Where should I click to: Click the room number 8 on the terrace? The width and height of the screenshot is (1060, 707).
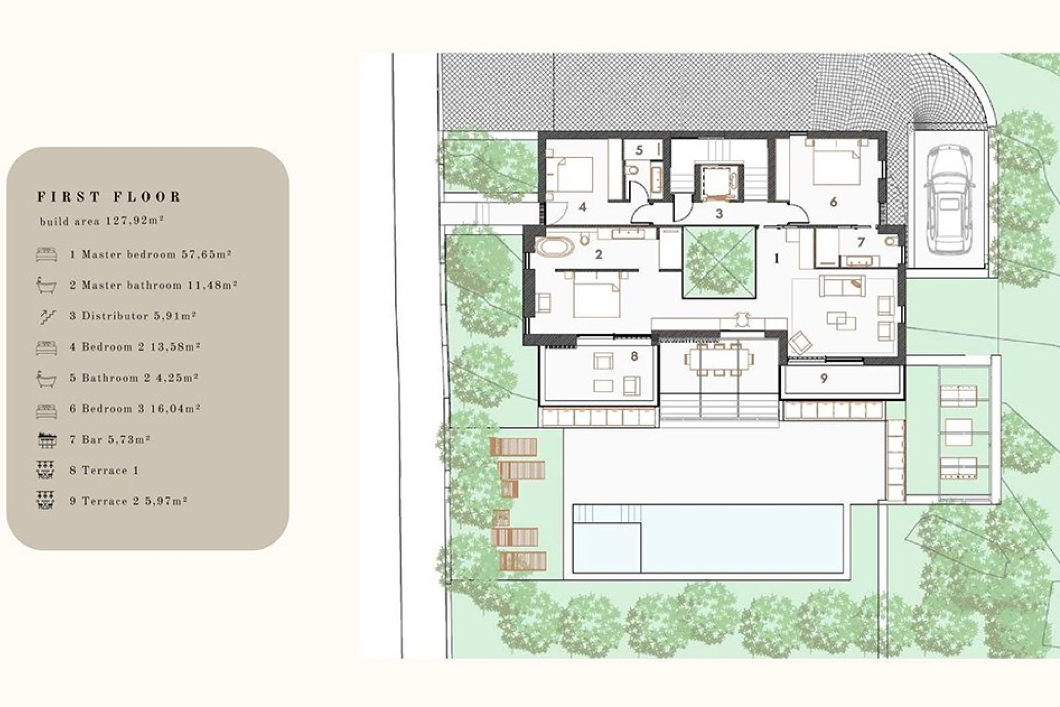pyautogui.click(x=634, y=356)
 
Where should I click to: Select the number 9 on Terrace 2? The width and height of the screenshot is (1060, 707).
pyautogui.click(x=824, y=379)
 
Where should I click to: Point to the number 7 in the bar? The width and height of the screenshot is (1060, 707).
pyautogui.click(x=861, y=242)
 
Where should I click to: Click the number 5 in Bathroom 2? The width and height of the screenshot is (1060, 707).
pyautogui.click(x=639, y=150)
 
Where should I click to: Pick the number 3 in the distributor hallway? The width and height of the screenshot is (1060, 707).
pyautogui.click(x=719, y=214)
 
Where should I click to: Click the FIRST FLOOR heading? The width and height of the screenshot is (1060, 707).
pyautogui.click(x=109, y=197)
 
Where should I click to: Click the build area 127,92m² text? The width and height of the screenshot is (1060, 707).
pyautogui.click(x=102, y=221)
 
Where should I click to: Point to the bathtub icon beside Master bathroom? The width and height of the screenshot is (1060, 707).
pyautogui.click(x=46, y=285)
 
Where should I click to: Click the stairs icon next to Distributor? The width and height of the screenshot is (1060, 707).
pyautogui.click(x=46, y=316)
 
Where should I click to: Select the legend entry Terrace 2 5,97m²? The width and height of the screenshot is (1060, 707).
pyautogui.click(x=128, y=502)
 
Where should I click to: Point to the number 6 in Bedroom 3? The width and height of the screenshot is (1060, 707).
pyautogui.click(x=833, y=202)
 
